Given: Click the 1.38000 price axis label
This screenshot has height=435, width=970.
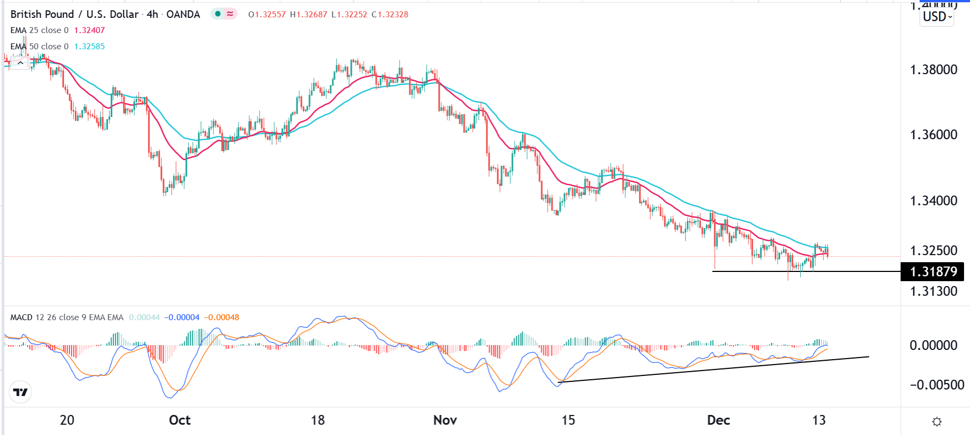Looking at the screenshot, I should click(x=933, y=70).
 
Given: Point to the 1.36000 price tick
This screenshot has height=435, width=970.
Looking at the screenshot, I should click(x=933, y=135).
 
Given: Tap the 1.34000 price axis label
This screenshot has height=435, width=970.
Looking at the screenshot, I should click(x=933, y=201).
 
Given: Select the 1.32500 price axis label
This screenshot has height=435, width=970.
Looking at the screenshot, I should click(x=933, y=251).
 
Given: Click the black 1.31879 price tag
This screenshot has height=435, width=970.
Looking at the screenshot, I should click(x=933, y=271).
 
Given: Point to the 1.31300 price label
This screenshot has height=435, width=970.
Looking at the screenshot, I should click(x=933, y=291).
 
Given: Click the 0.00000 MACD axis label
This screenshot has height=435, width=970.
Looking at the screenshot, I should click(x=933, y=346).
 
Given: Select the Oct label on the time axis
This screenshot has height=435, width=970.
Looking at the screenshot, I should click(x=179, y=420).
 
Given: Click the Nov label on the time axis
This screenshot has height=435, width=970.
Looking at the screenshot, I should click(x=445, y=420).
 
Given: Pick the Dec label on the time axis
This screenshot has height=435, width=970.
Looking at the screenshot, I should click(x=719, y=420).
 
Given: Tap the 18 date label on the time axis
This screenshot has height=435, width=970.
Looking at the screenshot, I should click(x=318, y=420).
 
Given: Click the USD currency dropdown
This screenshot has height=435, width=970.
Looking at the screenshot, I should click(x=937, y=17).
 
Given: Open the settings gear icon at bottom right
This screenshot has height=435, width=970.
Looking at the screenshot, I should click(x=937, y=421).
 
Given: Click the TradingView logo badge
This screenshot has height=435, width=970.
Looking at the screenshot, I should click(x=21, y=392).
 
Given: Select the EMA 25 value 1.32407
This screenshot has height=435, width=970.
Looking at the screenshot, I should click(x=89, y=30).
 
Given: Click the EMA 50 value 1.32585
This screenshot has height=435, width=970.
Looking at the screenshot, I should click(x=89, y=47).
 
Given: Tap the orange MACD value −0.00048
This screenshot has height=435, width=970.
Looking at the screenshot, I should click(x=221, y=317).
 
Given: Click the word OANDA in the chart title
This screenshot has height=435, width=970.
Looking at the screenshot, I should click(x=183, y=15).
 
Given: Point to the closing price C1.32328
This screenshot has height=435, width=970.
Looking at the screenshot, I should click(x=390, y=15).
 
